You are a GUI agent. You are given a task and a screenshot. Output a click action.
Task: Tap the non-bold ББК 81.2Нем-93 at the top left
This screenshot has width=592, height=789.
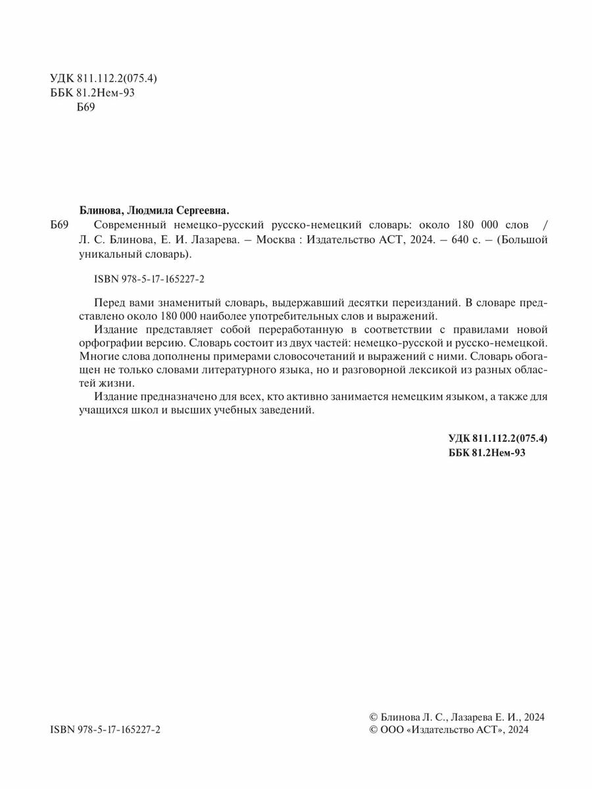92,93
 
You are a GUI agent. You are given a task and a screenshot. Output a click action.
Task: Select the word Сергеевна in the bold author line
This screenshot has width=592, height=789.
203,211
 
